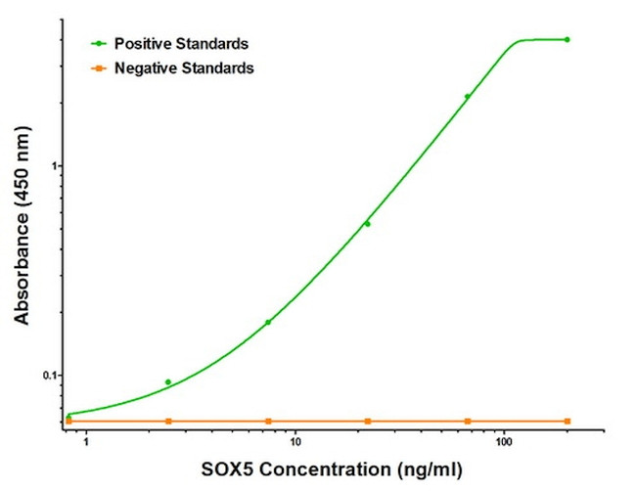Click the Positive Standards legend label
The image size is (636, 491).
181,44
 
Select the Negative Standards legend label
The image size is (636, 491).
184,68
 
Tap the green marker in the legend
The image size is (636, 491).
99,44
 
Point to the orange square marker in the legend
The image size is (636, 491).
99,68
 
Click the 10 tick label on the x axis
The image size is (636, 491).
295,441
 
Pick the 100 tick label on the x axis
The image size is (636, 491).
503,441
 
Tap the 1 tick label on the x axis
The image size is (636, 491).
86,441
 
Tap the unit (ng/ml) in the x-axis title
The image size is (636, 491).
427,469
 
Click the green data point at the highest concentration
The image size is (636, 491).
568,40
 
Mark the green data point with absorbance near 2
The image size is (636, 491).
468,96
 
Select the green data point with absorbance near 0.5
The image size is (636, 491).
368,224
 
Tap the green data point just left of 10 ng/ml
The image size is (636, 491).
268,322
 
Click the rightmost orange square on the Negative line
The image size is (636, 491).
568,421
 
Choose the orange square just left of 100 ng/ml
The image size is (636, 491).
468,421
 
